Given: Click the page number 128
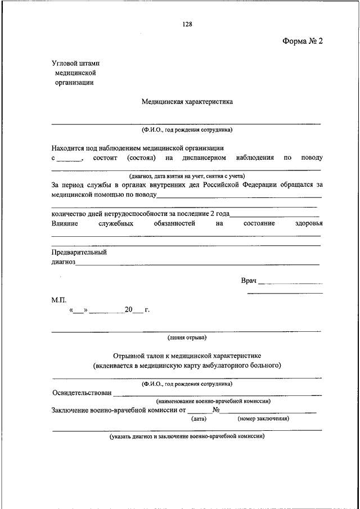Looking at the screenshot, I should click(187, 24).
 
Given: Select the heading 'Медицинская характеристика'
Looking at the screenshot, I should click(187, 102).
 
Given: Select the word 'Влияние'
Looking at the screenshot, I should click(65, 223).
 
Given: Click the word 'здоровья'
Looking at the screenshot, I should click(309, 223).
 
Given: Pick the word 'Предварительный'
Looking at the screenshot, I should click(79, 252).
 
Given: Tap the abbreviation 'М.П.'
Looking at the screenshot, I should click(58, 300).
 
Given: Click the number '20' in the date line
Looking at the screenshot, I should click(129, 310).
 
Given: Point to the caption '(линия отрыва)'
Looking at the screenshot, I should click(187, 338).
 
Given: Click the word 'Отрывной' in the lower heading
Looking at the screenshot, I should click(130, 356).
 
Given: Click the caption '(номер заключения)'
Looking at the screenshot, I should click(263, 418).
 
